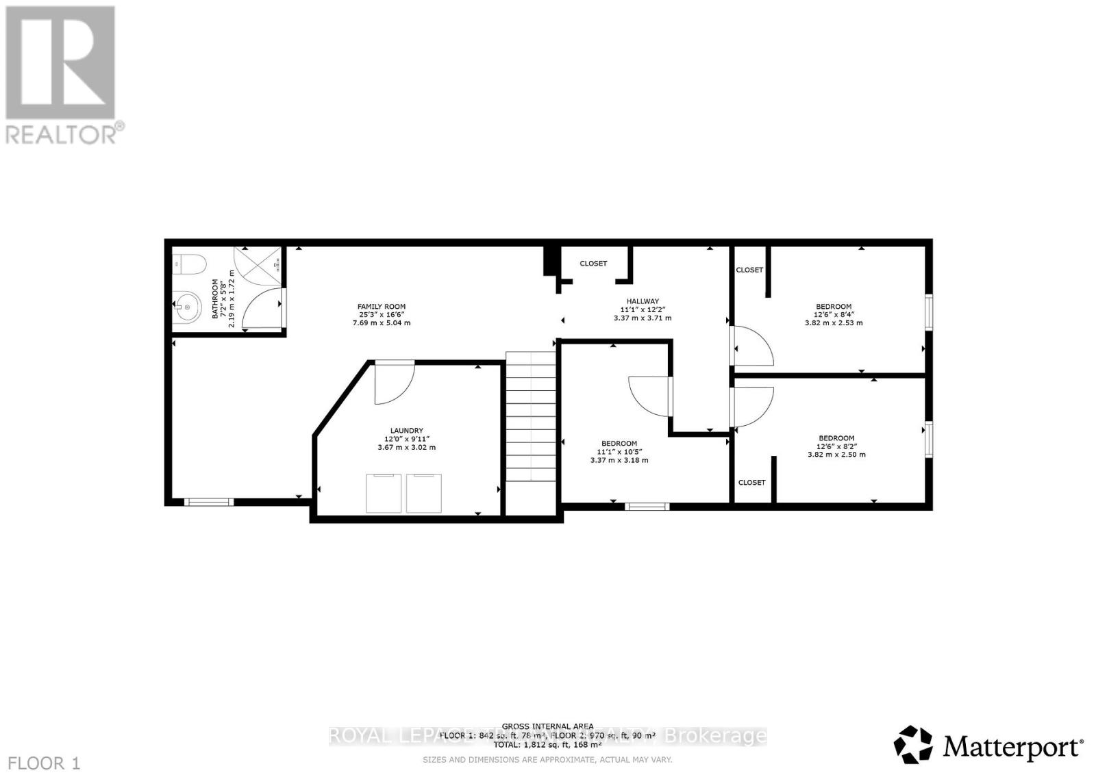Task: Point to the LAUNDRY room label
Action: coord(406,431)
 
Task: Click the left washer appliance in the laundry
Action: coord(384,492)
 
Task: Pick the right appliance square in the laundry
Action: coord(423,492)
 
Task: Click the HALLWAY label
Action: coord(642,301)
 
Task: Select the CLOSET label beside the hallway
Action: coord(593,264)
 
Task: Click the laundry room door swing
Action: coord(394,382)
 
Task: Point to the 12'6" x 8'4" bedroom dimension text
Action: coord(834,315)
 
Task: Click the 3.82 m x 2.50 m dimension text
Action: coord(836,455)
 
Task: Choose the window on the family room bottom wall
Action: coord(209,502)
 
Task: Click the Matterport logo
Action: coord(988,744)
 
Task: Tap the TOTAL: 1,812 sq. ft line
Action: coord(547,744)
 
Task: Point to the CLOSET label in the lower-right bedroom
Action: coord(751,483)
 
